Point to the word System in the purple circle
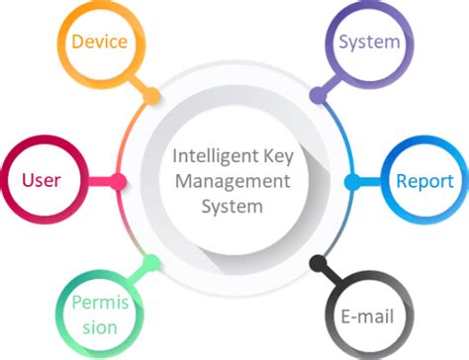coord(369,42)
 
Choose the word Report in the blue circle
coord(424,181)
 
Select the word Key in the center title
coord(271,156)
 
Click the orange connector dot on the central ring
coord(151,98)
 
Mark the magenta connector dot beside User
coord(119,181)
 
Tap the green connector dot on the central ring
coord(151,263)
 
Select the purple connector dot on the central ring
coord(317,97)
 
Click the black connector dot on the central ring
coord(317,264)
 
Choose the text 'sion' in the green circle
coord(97,327)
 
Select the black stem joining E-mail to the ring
coord(329,277)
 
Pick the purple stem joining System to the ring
coord(329,84)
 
